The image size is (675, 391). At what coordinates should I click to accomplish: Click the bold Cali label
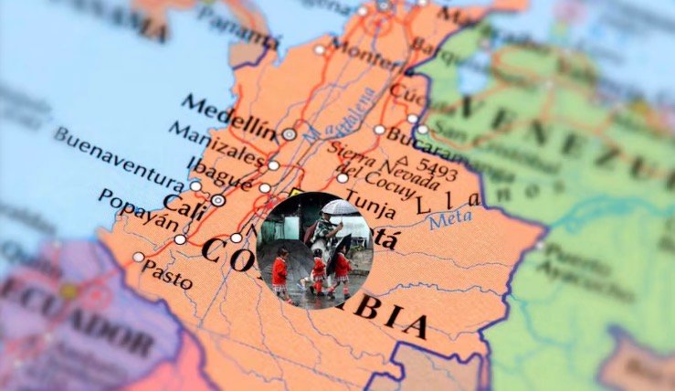[x=184, y=201]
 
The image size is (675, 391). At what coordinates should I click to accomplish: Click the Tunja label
[x=370, y=198]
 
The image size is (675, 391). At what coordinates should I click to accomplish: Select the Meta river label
[x=450, y=218]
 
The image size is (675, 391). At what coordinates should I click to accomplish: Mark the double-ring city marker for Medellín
[x=289, y=133]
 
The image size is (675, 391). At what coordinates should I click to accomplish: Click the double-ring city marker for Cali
[x=217, y=200]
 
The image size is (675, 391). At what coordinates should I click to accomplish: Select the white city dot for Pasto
[x=139, y=257]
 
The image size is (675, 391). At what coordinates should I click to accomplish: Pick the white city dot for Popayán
[x=180, y=239]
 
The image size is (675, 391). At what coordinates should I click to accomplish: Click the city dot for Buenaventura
[x=195, y=185]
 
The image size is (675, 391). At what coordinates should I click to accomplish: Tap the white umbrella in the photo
[x=341, y=208]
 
